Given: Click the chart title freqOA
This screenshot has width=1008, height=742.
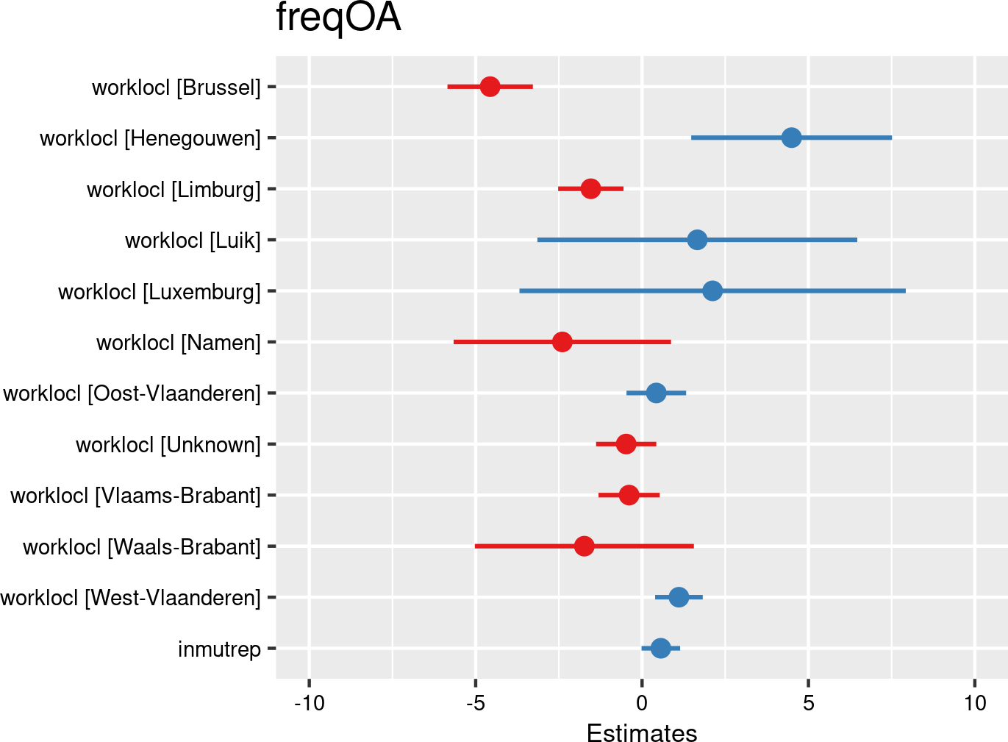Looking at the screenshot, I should coord(338,18).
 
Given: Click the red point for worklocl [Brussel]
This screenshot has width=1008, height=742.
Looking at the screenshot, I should coord(490,87).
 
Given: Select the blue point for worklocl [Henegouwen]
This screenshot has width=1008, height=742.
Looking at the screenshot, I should coord(791,138).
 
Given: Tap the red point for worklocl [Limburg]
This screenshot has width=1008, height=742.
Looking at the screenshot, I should coord(590,189).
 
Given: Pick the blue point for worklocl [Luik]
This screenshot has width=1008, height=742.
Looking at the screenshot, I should coord(697,240).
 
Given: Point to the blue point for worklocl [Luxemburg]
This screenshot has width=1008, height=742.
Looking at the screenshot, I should coord(712,291).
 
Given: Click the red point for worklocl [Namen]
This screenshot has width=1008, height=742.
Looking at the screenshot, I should coord(562,342).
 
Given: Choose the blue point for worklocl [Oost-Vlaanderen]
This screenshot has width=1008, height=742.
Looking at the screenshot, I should coord(656,393).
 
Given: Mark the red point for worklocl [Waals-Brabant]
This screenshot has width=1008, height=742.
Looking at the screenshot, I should coord(584,546).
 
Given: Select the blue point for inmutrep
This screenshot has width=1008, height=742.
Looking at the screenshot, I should coord(660,649).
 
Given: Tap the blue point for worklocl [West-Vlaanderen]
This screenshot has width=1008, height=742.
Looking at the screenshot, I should coord(679,597).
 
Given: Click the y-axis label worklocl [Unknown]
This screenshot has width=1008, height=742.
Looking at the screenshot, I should coord(168,445).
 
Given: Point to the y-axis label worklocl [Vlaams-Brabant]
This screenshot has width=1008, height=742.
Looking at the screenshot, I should coord(136,496).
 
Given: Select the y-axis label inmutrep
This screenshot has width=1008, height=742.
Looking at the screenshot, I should coord(219,649).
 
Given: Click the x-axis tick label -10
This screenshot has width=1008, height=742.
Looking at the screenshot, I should coord(309,703).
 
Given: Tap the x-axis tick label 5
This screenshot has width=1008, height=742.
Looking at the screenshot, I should coord(809,703).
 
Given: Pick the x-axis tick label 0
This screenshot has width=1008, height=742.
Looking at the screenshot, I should coord(642,703).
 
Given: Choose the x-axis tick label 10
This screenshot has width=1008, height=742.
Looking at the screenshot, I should coord(975,703).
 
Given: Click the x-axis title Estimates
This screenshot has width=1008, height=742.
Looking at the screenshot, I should coord(642,732).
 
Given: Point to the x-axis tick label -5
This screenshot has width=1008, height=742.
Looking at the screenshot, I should coord(475,703).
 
